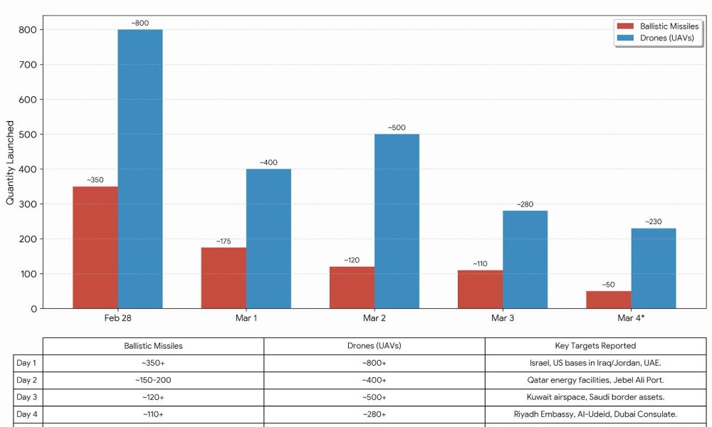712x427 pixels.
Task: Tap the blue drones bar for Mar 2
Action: click(397, 221)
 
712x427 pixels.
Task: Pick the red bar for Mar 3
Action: click(480, 289)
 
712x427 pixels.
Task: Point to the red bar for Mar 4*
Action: click(608, 300)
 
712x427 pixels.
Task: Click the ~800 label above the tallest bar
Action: click(140, 23)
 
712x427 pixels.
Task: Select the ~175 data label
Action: click(224, 241)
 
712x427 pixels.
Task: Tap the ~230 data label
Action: click(653, 222)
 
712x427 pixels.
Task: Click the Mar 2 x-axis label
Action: click(375, 318)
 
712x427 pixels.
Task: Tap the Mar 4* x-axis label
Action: click(631, 318)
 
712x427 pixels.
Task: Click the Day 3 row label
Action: click(26, 397)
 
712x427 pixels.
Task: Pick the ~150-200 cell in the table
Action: click(153, 380)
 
